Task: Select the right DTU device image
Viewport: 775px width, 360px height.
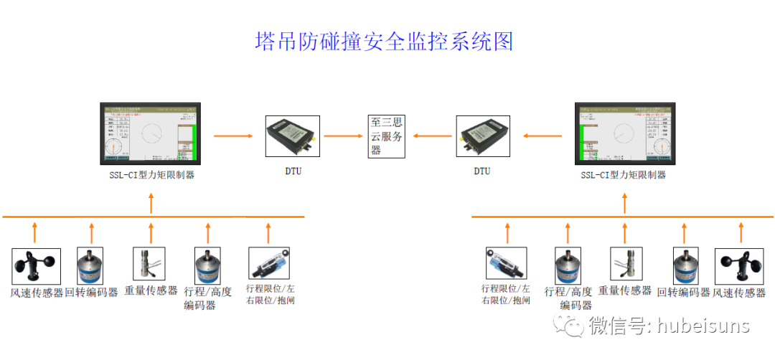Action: tap(482, 136)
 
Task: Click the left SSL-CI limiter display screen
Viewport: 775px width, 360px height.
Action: tap(151, 135)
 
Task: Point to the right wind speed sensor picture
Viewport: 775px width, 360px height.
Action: tap(740, 266)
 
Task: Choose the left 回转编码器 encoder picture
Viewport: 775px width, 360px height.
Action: tap(90, 266)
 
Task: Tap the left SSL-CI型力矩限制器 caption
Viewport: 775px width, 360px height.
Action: tap(151, 174)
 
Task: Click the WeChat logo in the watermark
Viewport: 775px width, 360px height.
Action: tap(574, 326)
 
